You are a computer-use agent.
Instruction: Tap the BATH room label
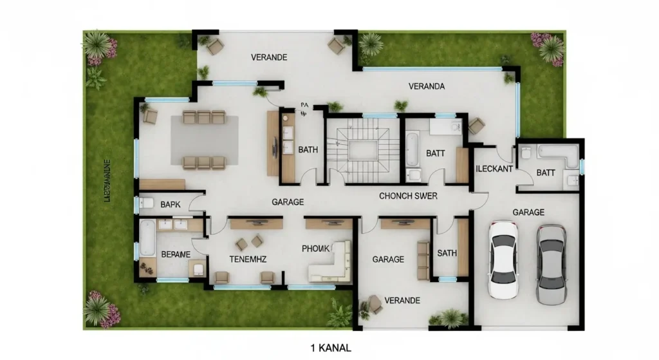point(308,150)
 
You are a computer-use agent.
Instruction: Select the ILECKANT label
point(494,169)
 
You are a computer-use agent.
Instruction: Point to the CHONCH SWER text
point(407,196)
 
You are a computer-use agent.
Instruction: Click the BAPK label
point(171,204)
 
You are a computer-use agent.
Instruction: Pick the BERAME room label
point(175,254)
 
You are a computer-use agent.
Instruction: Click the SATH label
point(447,253)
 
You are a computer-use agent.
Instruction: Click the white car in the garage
point(503,259)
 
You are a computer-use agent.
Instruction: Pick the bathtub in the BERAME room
point(147,239)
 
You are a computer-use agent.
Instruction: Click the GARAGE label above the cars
point(528,212)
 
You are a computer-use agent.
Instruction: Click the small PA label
point(304,104)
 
